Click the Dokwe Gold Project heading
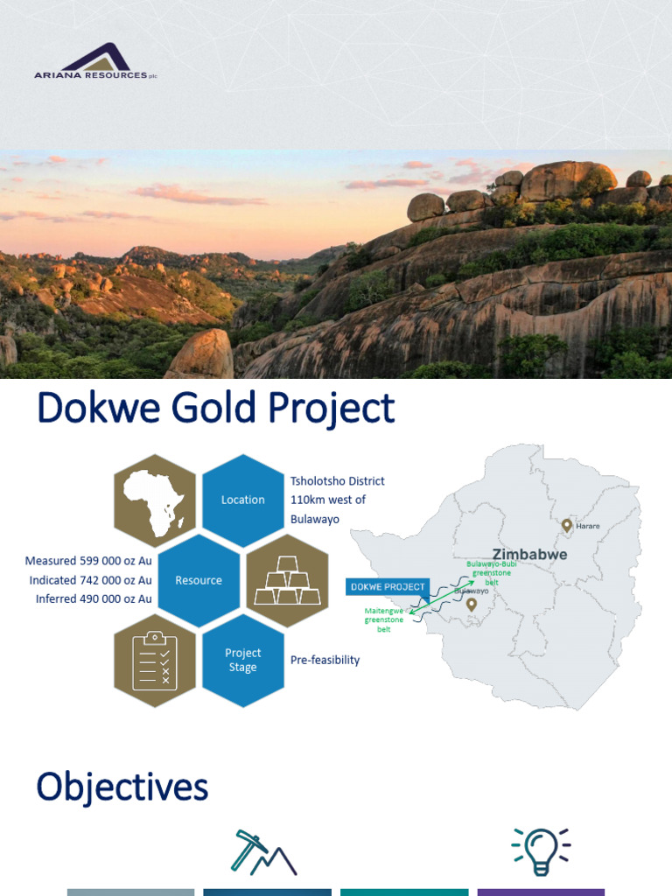pyautogui.click(x=215, y=409)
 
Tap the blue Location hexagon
pyautogui.click(x=243, y=500)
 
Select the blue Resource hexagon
pyautogui.click(x=199, y=580)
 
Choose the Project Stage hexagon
pyautogui.click(x=243, y=660)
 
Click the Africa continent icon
pyautogui.click(x=155, y=501)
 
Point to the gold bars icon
pyautogui.click(x=287, y=580)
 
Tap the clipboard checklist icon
pyautogui.click(x=155, y=661)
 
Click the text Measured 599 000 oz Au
pyautogui.click(x=88, y=561)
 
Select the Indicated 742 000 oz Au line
pyautogui.click(x=90, y=580)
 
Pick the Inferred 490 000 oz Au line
pyautogui.click(x=94, y=598)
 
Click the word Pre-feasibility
pyautogui.click(x=325, y=660)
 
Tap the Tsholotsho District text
pyautogui.click(x=337, y=481)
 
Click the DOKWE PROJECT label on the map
pyautogui.click(x=387, y=586)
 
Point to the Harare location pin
pyautogui.click(x=567, y=525)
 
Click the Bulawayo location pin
pyautogui.click(x=472, y=604)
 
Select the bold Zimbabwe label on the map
pyautogui.click(x=529, y=554)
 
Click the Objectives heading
pyautogui.click(x=122, y=787)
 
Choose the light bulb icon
pyautogui.click(x=540, y=851)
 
